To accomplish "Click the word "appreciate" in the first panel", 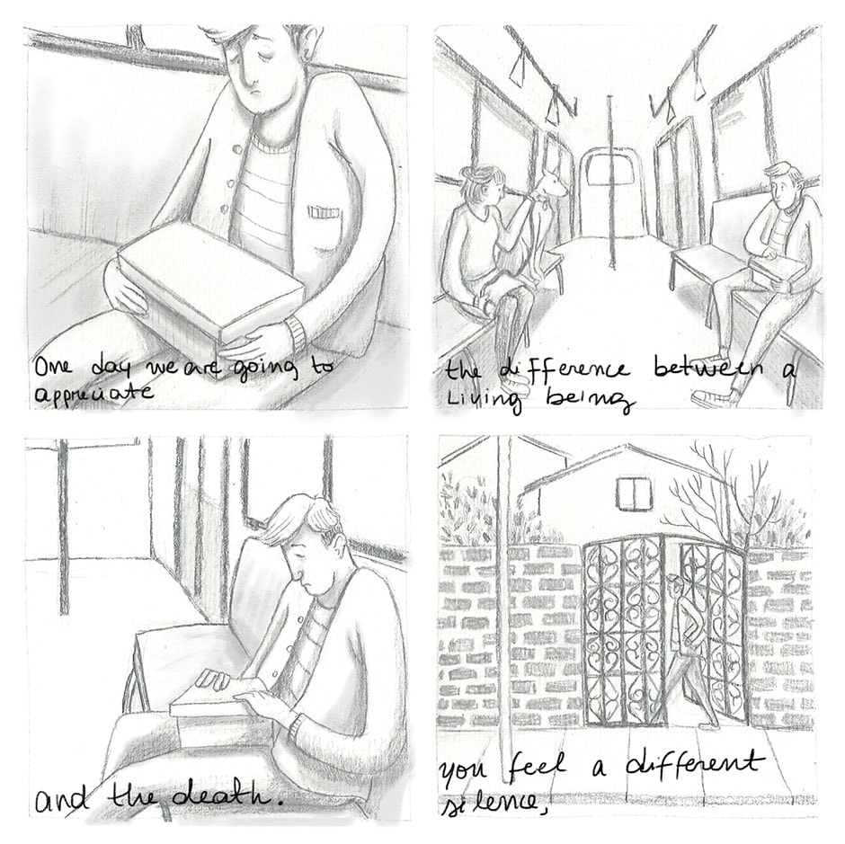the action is (93, 392).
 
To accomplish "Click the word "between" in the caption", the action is (707, 369).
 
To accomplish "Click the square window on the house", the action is (634, 493).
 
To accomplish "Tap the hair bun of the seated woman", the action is (470, 173).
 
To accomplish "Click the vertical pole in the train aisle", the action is (610, 182).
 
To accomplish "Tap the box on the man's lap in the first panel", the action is (210, 281).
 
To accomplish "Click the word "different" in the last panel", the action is (695, 765).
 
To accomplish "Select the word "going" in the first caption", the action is (265, 369).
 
